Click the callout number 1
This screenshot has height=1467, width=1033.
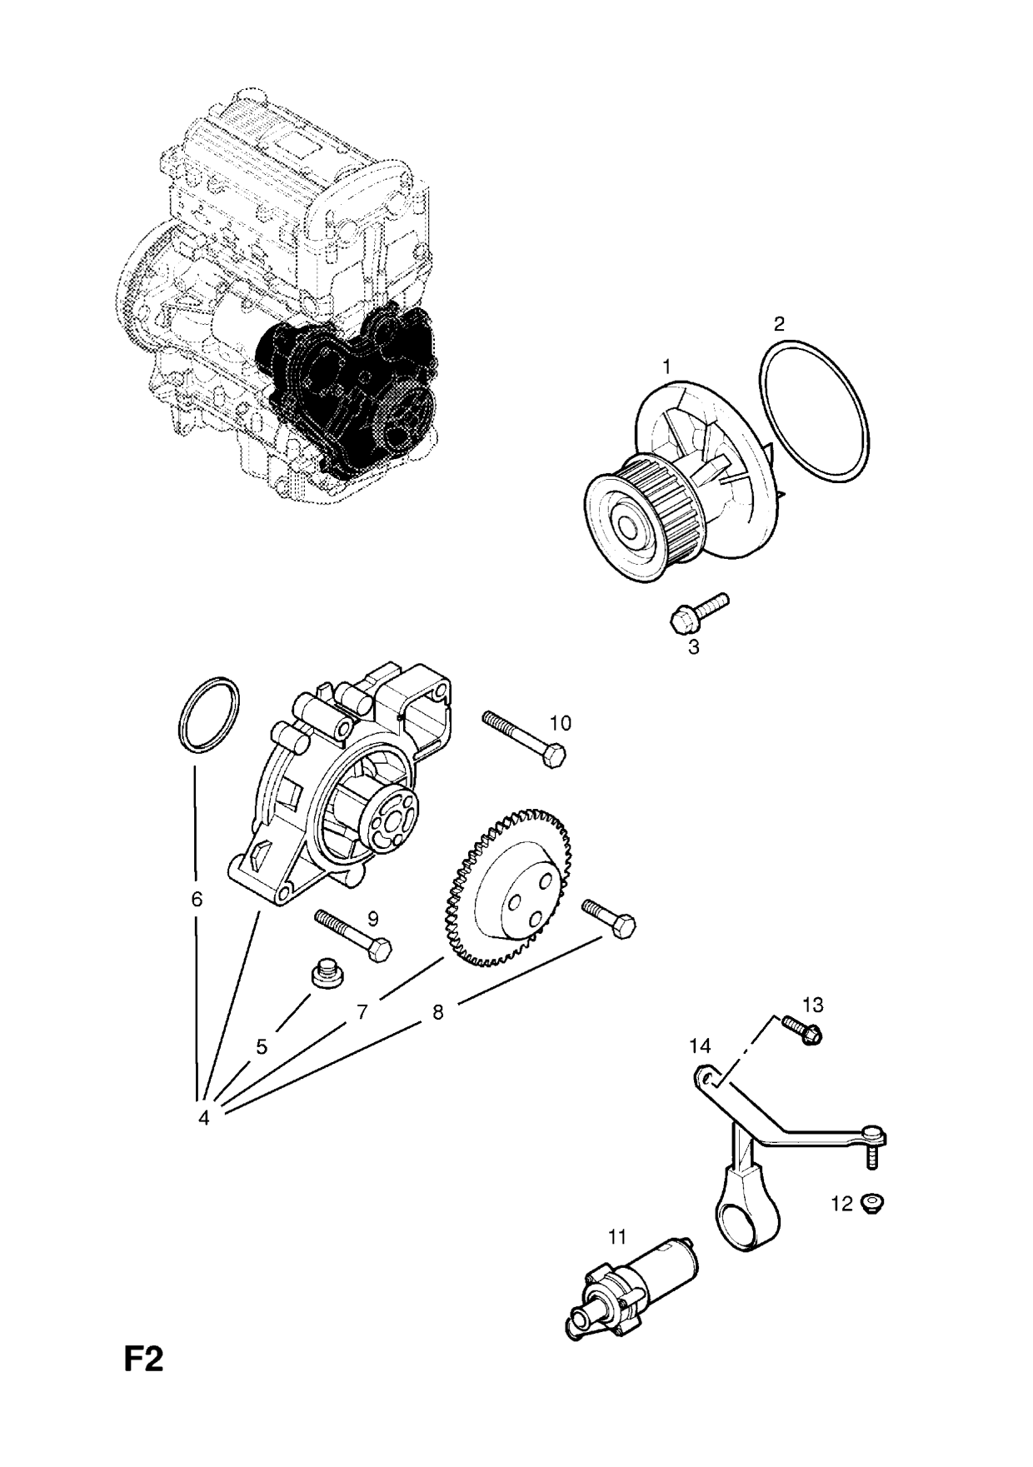pos(666,367)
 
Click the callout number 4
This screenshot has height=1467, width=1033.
pos(203,1118)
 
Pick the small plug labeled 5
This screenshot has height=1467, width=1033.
pos(326,974)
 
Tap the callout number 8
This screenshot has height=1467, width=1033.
pos(437,1012)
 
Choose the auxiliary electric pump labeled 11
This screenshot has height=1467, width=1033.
pos(633,1296)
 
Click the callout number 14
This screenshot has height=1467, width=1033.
pos(700,1045)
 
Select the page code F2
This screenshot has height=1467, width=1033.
pos(143,1360)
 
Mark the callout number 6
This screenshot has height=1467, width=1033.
pos(197,900)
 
